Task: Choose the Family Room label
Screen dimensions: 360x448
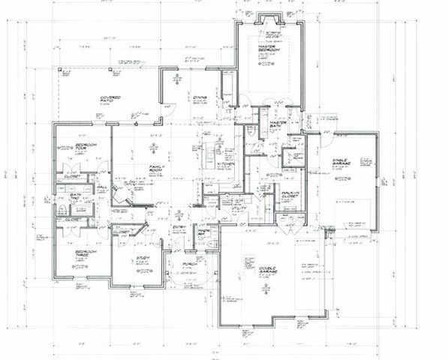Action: pos(157,169)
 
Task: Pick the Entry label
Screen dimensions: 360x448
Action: pos(180,227)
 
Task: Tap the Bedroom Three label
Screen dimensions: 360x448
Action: pos(77,255)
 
